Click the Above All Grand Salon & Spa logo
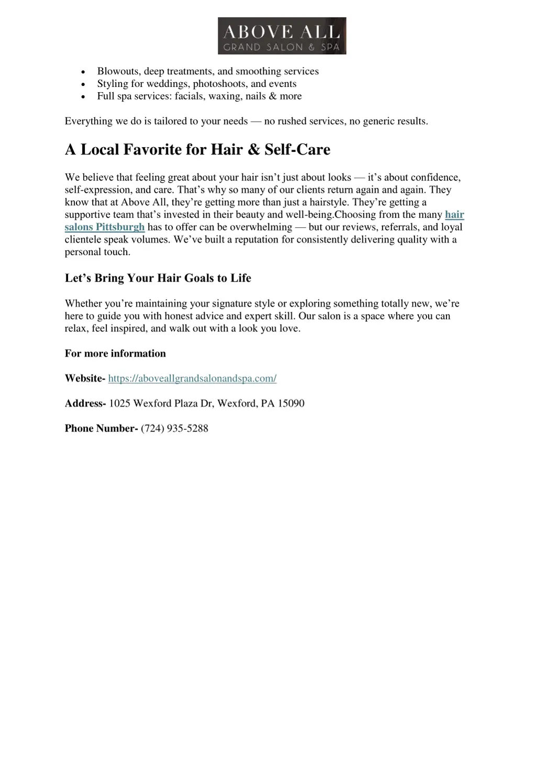pos(282,36)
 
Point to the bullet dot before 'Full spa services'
pos(83,97)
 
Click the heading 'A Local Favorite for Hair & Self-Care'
pos(197,150)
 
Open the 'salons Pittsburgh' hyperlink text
pos(105,227)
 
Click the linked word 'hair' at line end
pos(454,215)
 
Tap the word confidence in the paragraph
pos(435,177)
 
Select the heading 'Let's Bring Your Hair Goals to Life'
pos(158,278)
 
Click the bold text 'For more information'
pos(115,354)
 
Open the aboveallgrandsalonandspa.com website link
pos(192,378)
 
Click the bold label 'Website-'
pos(85,378)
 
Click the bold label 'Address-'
pos(85,404)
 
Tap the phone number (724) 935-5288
pos(174,429)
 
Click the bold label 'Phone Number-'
pos(101,429)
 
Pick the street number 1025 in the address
pos(119,404)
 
